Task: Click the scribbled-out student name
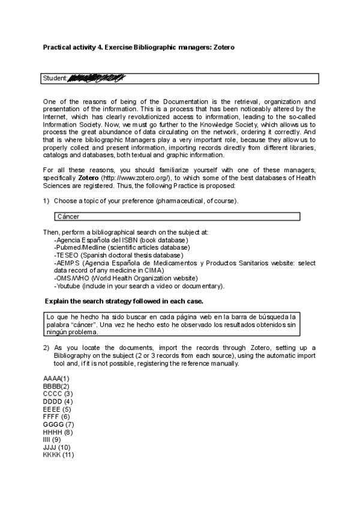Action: click(96, 78)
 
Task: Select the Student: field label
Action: click(55, 79)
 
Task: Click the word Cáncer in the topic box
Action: click(68, 217)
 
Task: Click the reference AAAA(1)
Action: click(56, 379)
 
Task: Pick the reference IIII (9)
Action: click(52, 440)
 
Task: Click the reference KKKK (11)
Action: click(59, 455)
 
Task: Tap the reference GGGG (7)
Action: click(59, 424)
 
